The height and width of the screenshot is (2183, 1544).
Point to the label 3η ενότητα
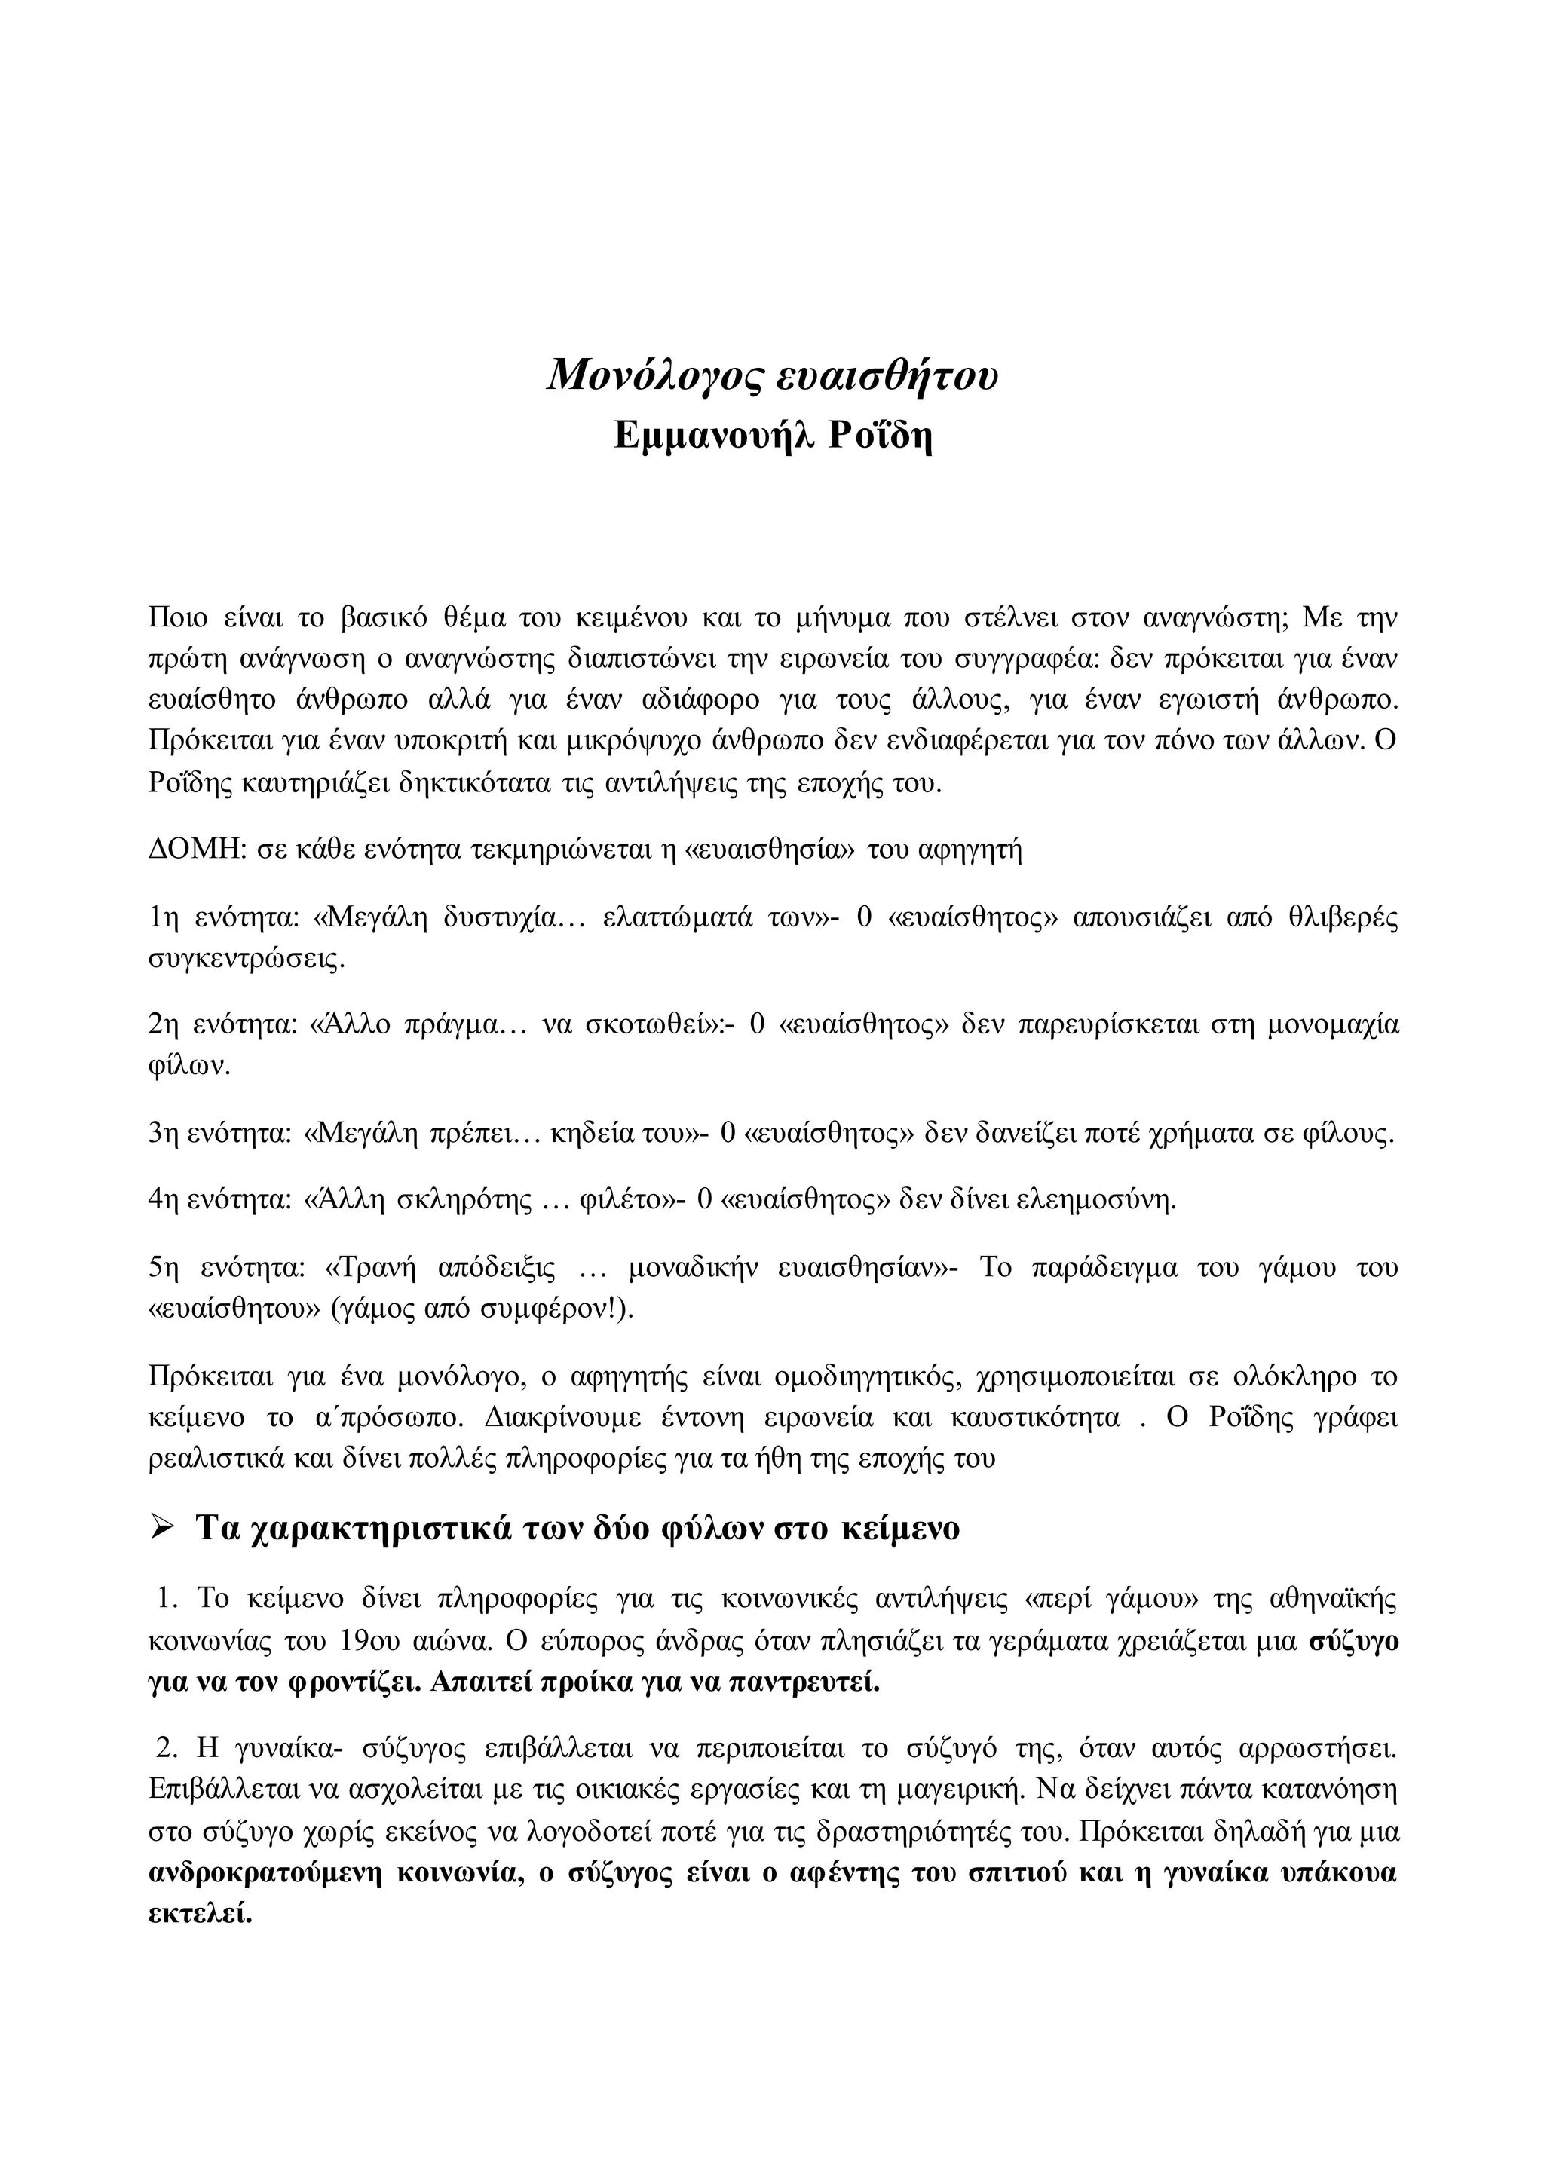tap(219, 1133)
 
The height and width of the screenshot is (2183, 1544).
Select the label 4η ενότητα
tap(219, 1200)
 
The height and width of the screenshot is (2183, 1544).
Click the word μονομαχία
tap(1334, 1026)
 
